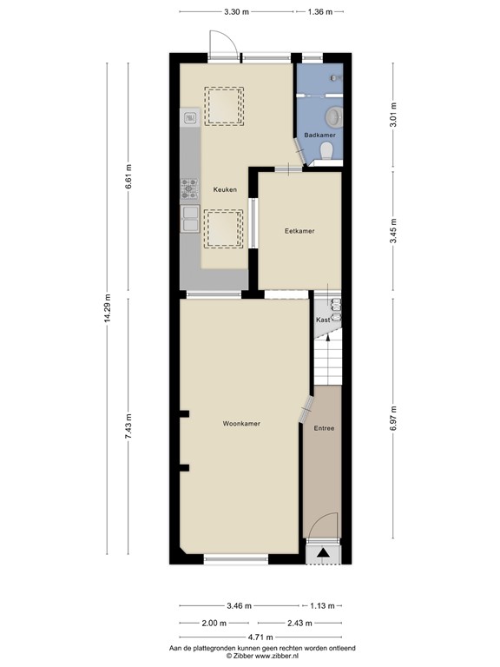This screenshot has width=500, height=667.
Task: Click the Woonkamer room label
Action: [241, 424]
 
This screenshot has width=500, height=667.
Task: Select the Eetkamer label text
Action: [299, 231]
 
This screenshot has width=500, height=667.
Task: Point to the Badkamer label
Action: [319, 135]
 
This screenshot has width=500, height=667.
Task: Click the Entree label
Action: [324, 428]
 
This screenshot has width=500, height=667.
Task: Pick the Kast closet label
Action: [323, 320]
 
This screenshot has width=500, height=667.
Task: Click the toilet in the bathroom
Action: [327, 152]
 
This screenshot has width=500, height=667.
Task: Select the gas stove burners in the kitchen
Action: [189, 188]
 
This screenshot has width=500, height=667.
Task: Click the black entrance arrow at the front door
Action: [324, 551]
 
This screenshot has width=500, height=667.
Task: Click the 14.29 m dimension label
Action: [108, 308]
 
